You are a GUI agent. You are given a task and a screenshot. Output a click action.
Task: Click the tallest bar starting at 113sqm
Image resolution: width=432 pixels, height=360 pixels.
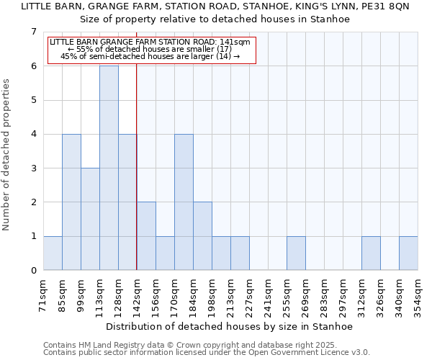[109, 168]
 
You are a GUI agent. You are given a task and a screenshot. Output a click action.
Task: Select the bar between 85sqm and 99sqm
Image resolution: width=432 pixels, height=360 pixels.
[71, 202]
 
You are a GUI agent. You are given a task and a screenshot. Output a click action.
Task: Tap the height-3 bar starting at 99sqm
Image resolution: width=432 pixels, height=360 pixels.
[90, 219]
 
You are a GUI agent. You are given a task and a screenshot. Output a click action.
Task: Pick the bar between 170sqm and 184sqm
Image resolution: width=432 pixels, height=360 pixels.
[184, 202]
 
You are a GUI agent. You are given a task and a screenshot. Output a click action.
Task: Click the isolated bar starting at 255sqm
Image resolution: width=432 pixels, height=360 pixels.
[296, 253]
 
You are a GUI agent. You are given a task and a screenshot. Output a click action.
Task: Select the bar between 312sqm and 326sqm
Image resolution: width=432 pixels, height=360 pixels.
[371, 253]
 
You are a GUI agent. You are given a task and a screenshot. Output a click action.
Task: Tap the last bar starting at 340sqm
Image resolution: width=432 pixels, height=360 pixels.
[408, 253]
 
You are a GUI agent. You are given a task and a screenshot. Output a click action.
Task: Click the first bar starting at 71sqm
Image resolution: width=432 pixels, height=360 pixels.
[53, 253]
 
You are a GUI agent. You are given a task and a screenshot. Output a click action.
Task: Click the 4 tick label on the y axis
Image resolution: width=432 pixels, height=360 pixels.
[33, 134]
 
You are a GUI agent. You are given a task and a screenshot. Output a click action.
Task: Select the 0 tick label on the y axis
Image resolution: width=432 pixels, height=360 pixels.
[33, 270]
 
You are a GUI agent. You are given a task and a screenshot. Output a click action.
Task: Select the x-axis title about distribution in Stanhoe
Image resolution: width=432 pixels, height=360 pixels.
[230, 326]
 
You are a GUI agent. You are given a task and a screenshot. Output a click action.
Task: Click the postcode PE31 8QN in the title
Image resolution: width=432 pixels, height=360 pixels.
[390, 6]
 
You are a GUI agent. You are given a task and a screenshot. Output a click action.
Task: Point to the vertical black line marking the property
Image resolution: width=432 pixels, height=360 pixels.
[137, 180]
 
